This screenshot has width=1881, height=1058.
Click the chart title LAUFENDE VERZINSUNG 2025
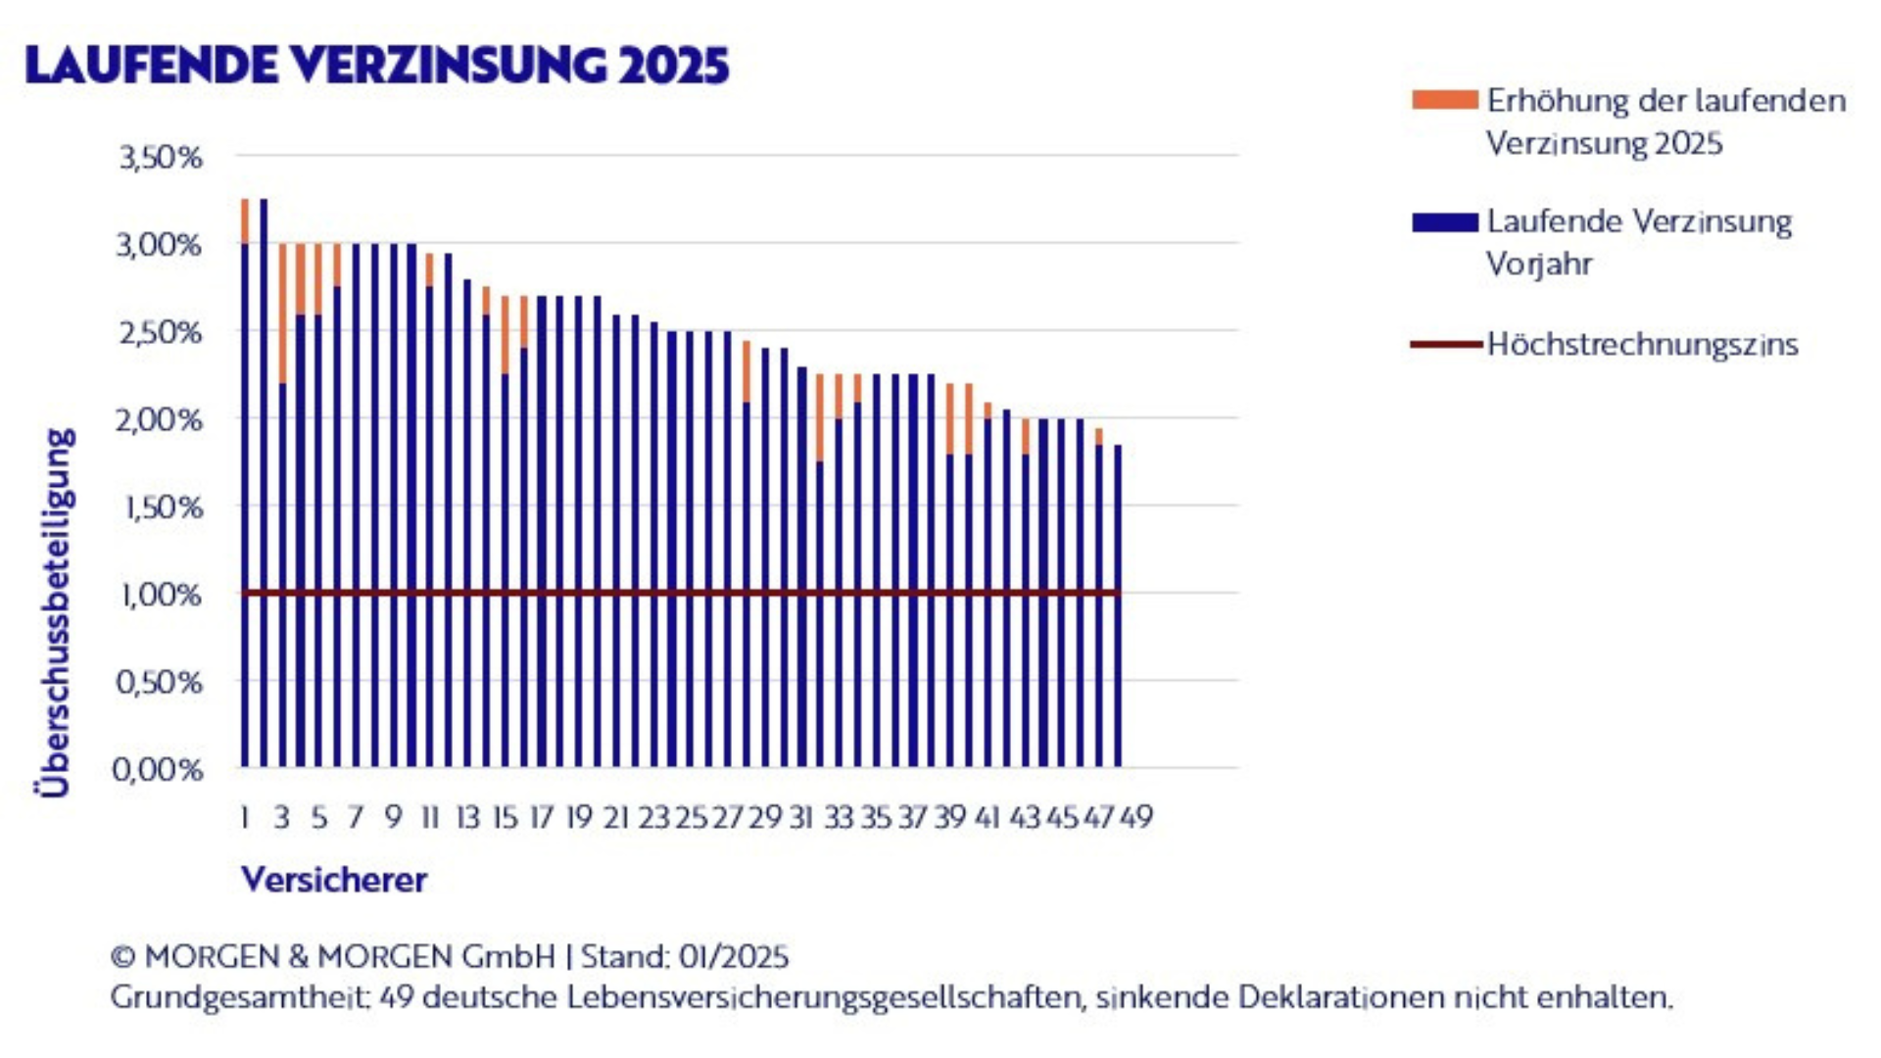tap(377, 66)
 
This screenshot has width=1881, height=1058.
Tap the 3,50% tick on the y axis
tap(161, 157)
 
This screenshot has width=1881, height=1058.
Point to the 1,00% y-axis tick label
tap(161, 595)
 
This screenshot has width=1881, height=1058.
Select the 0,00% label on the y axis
tap(159, 769)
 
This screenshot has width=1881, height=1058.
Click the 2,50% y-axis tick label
tap(161, 332)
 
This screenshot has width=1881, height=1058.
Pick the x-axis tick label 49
tap(1136, 817)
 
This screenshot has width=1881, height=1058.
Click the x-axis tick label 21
tap(616, 817)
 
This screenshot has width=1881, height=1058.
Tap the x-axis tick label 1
tap(244, 817)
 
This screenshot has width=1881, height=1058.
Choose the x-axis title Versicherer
tap(334, 880)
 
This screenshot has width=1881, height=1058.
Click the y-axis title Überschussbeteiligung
tap(56, 612)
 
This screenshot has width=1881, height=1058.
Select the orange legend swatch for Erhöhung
tap(1444, 100)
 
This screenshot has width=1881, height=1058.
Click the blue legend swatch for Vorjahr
tap(1444, 222)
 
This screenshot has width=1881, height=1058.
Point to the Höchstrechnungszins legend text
tap(1642, 345)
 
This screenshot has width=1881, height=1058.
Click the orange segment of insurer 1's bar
tap(245, 221)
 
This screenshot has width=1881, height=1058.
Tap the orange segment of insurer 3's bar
tap(282, 313)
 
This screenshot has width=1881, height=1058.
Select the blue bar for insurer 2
tap(264, 490)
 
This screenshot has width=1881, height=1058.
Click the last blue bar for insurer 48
tap(1118, 607)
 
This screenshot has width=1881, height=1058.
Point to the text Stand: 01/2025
tap(685, 956)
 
